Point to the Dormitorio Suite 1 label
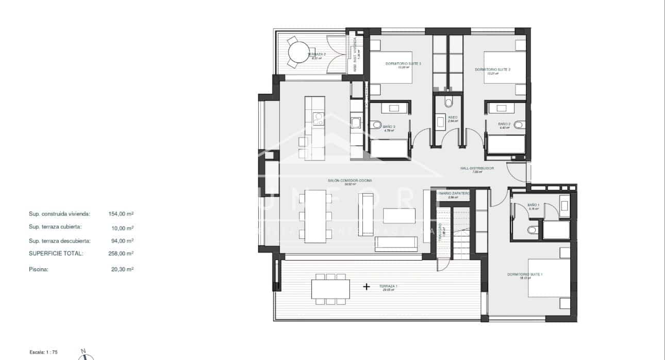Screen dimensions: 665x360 tap(525, 274)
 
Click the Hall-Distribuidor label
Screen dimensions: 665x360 tap(477, 168)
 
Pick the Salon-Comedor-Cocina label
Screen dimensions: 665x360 tap(350, 181)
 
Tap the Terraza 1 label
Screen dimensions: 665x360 tap(388, 286)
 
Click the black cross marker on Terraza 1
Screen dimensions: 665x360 tap(367, 287)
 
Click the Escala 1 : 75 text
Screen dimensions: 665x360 tap(44, 351)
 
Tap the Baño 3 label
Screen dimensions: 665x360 tap(389, 127)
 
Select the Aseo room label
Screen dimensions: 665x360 tap(453, 117)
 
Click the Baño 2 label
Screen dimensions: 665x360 tap(504, 124)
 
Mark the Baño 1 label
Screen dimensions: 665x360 tap(533, 205)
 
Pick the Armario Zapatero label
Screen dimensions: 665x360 tap(453, 193)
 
